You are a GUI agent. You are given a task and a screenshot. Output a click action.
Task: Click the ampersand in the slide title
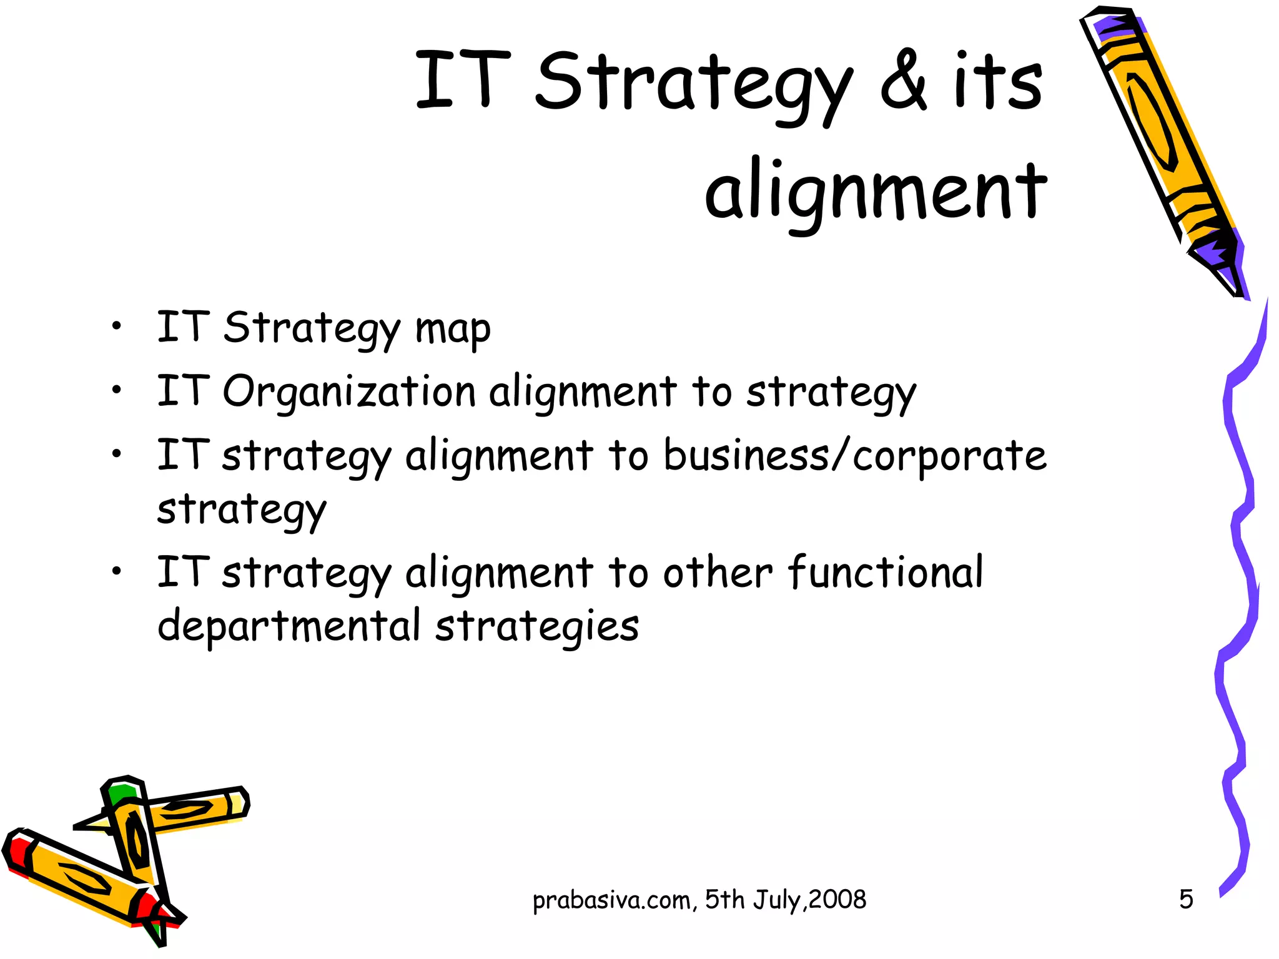coord(904,81)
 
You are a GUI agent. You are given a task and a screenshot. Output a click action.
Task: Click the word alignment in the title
coord(876,190)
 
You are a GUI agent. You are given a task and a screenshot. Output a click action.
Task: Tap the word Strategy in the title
coord(693,84)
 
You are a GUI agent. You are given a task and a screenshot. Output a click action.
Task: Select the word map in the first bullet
coord(453,330)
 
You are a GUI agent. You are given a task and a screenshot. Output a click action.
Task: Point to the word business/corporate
coord(854,456)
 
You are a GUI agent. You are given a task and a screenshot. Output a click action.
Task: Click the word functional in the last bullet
coord(885,573)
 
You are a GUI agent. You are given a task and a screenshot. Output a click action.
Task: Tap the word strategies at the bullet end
coord(537,626)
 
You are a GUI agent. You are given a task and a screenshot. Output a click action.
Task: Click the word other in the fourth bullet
coord(718,573)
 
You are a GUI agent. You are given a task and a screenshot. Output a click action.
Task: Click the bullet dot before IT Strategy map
coord(116,326)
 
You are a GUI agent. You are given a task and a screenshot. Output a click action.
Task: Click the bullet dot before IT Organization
coord(116,391)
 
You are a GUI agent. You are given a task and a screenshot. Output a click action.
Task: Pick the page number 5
coord(1186,900)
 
